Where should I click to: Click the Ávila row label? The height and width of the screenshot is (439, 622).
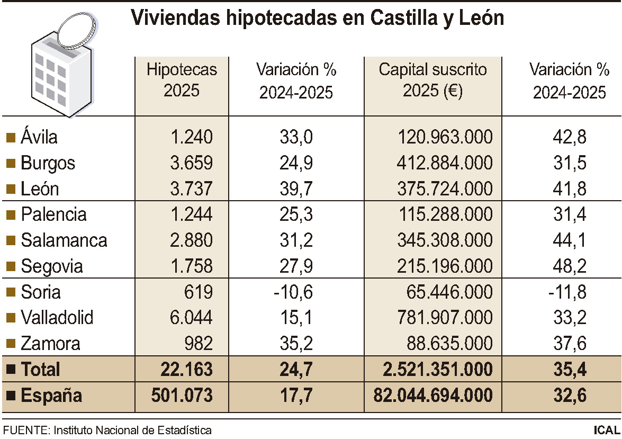(39, 137)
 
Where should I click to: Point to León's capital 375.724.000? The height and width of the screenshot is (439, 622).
(445, 189)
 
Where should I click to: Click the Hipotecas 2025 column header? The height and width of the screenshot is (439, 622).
(182, 80)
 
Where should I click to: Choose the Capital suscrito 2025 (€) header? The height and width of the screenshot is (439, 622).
(432, 80)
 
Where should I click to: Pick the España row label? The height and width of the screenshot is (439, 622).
(51, 396)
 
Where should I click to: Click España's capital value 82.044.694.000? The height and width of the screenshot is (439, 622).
(432, 396)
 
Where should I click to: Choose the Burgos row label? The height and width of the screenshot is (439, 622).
(48, 163)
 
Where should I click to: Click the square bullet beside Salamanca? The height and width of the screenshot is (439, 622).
(10, 241)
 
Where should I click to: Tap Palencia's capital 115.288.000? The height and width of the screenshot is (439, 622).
(445, 215)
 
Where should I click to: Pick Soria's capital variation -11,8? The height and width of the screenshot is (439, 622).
(567, 292)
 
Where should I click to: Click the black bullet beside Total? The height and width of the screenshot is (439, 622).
(10, 370)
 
